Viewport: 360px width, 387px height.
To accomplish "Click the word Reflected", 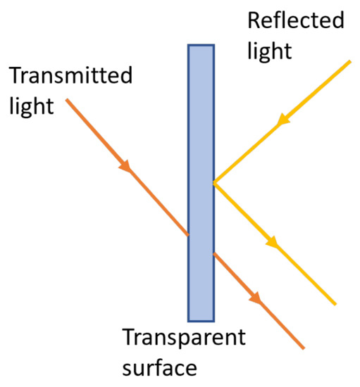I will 295,20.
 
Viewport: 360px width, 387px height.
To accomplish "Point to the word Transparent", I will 185,338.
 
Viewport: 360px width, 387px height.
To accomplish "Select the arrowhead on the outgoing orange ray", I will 258,300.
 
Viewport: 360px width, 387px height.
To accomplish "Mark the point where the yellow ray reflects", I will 213,183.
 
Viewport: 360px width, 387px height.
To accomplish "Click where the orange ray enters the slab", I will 188,234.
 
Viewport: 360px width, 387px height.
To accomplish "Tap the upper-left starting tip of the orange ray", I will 67,100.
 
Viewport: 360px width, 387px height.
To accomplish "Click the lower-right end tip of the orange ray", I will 304,348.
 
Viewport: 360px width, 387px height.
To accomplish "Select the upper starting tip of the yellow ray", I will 350,62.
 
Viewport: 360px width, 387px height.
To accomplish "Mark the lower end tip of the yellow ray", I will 335,305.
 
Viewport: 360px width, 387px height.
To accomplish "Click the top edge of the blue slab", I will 201,46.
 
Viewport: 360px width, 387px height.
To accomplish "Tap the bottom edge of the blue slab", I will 201,321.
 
